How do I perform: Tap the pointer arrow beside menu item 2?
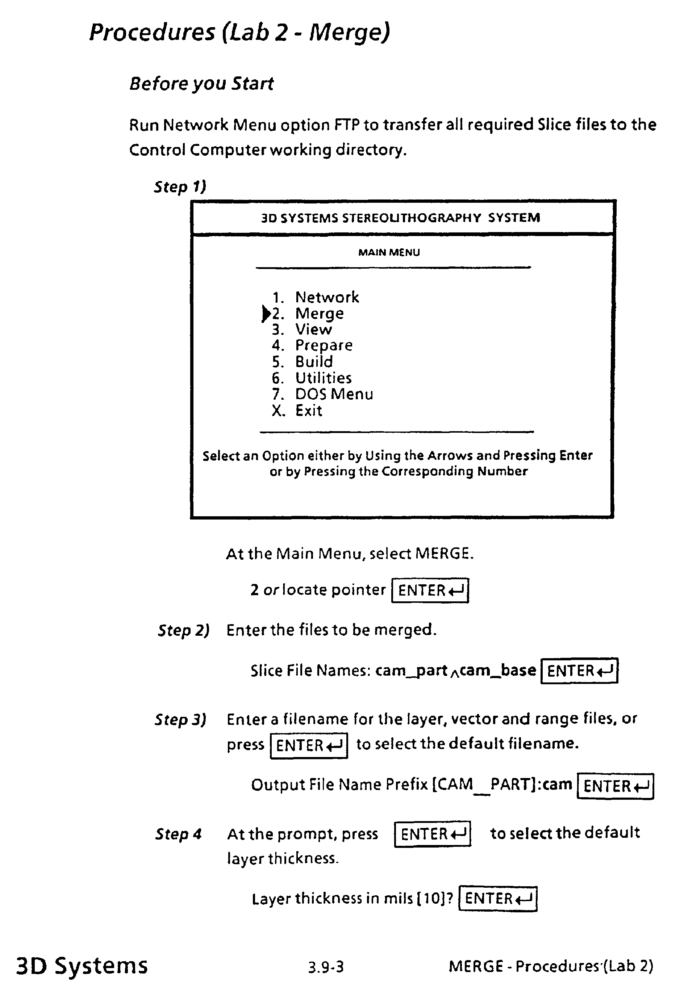pyautogui.click(x=266, y=314)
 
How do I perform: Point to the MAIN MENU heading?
pyautogui.click(x=389, y=253)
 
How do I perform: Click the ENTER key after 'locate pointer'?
pyautogui.click(x=430, y=590)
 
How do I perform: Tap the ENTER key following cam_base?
pyautogui.click(x=579, y=670)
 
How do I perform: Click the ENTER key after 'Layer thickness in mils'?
pyautogui.click(x=497, y=899)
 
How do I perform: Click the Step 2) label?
pyautogui.click(x=183, y=630)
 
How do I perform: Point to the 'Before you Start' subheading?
pyautogui.click(x=201, y=84)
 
